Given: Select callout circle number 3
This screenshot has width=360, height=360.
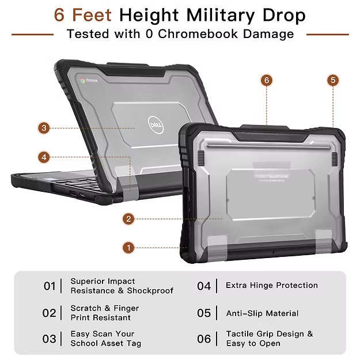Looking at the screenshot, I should tap(44, 128).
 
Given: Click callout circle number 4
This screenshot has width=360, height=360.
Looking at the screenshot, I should tap(44, 157).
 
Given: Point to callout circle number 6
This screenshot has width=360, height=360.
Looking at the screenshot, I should tap(266, 80).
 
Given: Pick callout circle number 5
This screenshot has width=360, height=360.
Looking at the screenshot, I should tap(333, 80).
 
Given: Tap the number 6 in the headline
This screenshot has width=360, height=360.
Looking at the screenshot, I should tap(59, 15).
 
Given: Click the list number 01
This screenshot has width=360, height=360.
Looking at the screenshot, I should tap(50, 286).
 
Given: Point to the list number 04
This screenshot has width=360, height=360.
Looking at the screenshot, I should tap(204, 286).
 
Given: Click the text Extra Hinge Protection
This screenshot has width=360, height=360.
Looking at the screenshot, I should tap(271, 285).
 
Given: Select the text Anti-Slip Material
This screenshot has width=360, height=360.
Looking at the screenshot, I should tap(262, 313).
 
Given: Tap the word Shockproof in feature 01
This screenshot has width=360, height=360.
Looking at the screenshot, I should tap(150, 291).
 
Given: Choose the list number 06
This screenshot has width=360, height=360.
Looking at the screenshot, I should tap(204, 339).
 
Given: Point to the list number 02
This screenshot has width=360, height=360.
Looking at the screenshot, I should tap(50, 313).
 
